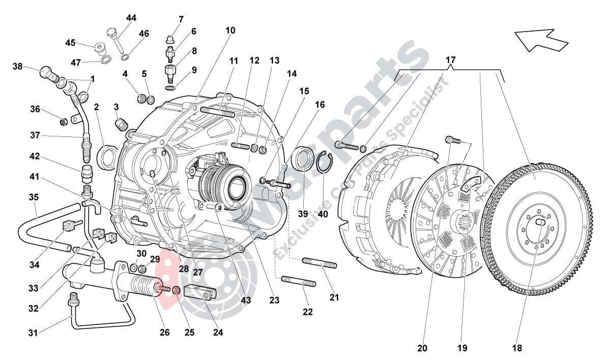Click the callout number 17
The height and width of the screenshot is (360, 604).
[450, 60]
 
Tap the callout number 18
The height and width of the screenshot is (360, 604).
[517, 348]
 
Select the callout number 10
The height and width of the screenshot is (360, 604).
[230, 31]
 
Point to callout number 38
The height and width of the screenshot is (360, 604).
[18, 66]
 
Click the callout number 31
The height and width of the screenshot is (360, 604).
[32, 334]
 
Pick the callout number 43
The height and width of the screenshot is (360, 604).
[246, 300]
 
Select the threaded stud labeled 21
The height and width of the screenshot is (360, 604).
[320, 264]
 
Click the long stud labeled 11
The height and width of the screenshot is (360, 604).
[218, 112]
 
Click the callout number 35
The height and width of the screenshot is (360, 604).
[34, 197]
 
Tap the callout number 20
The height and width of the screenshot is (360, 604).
[422, 348]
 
